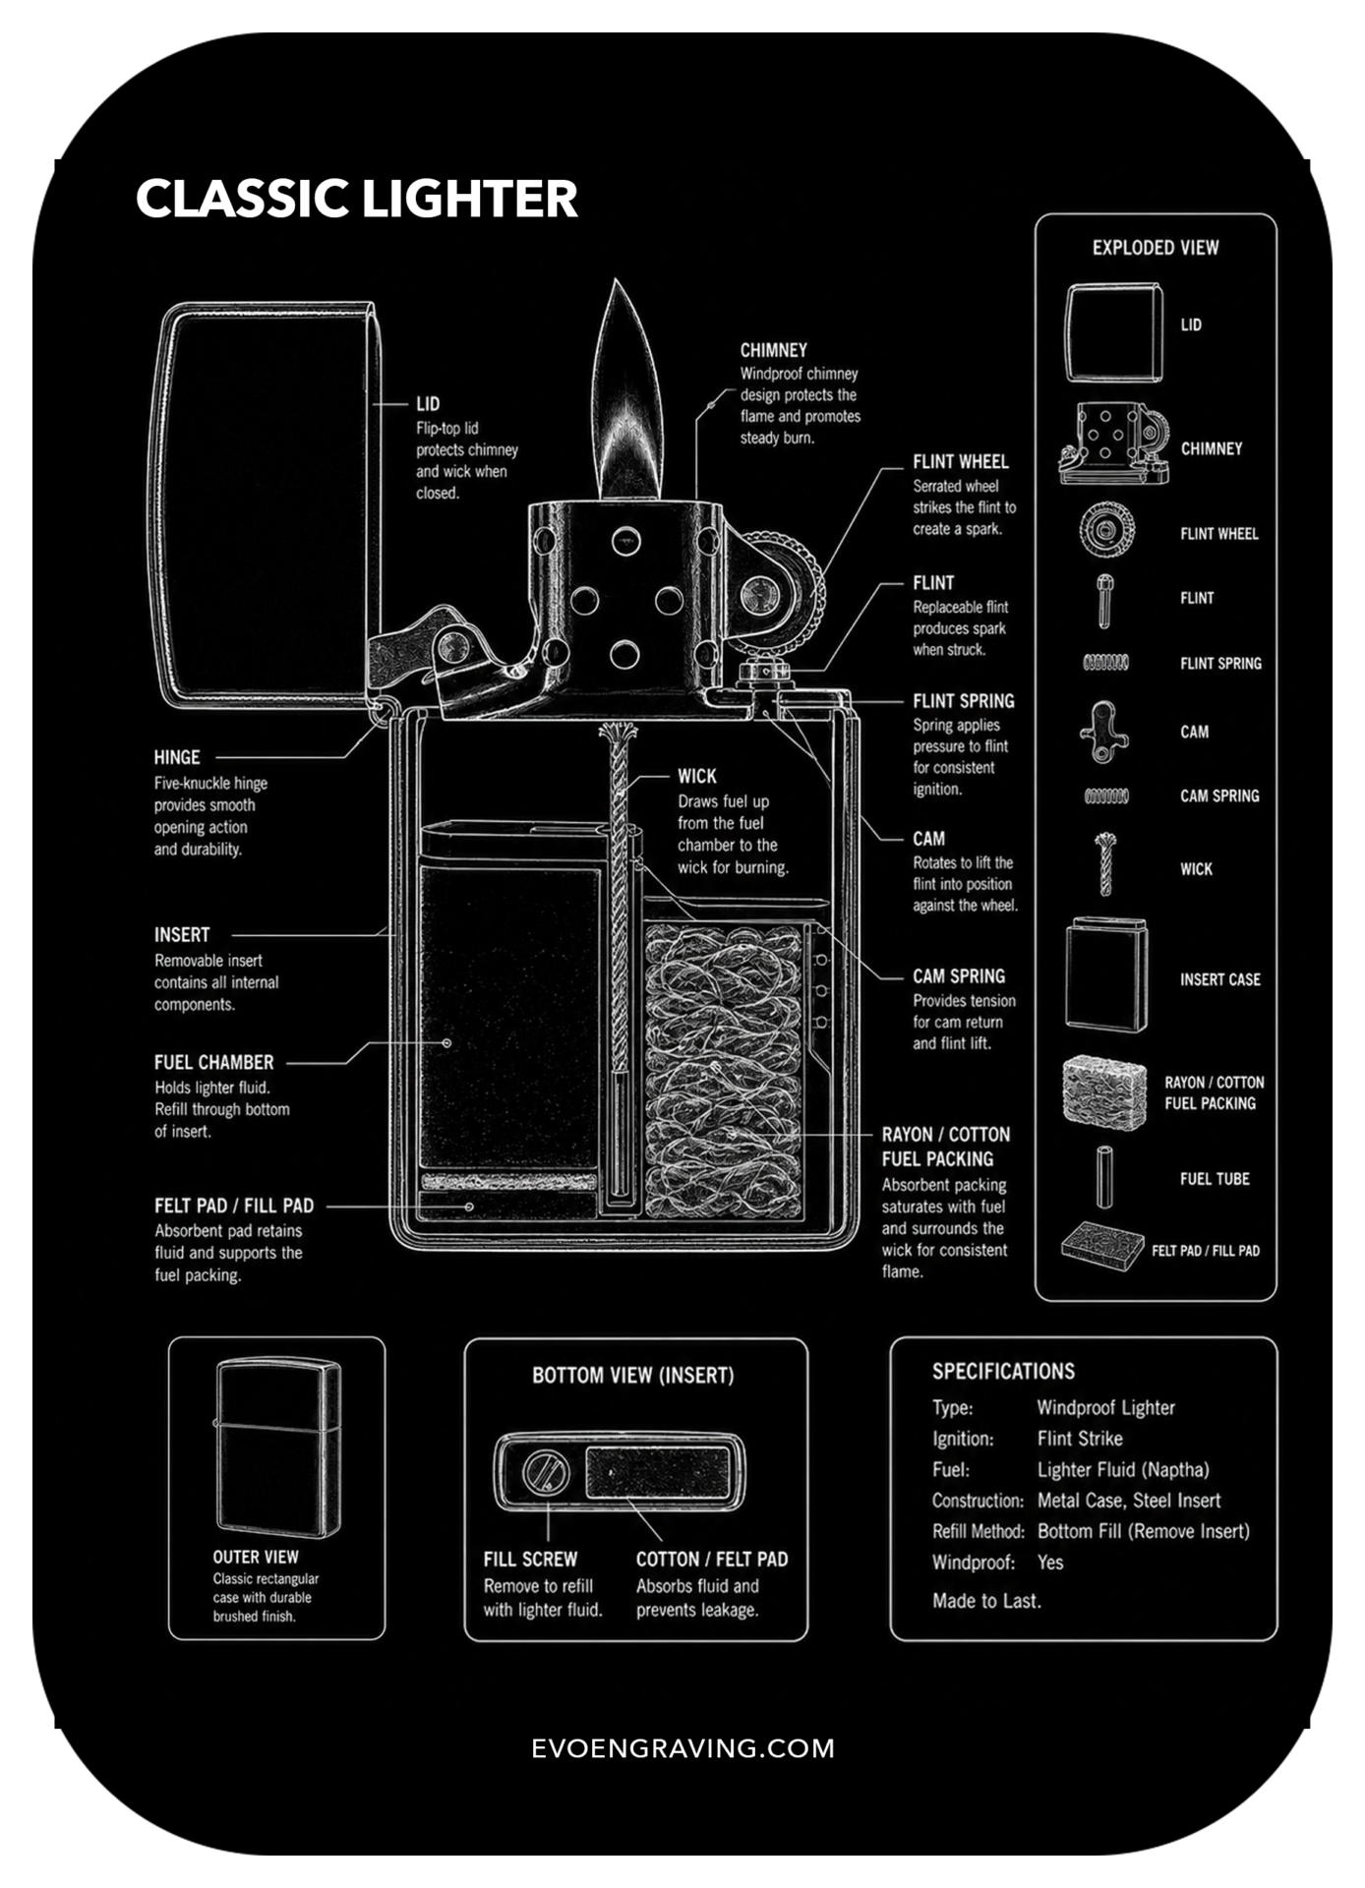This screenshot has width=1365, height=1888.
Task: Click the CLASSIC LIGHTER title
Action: pos(356,199)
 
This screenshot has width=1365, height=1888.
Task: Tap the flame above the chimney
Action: pos(630,393)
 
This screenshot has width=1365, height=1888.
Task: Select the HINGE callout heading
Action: pos(177,757)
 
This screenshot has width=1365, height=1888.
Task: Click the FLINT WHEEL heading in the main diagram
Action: pos(961,461)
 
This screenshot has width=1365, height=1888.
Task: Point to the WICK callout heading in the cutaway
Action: pos(697,776)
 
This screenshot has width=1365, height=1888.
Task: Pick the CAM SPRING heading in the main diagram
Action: pos(959,976)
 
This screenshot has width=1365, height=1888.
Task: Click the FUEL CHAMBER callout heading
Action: pos(214,1062)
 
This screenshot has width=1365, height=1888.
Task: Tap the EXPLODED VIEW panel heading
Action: pos(1156,248)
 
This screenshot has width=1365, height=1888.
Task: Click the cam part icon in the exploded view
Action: pos(1103,733)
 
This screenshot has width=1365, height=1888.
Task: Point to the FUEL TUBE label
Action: pos(1215,1179)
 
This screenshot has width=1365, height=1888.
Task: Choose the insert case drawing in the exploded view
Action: pos(1106,974)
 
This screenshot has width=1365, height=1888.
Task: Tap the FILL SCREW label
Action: pos(530,1560)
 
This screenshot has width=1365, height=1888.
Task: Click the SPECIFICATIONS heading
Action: pos(1003,1372)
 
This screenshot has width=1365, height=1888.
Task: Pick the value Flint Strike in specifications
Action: pos(1080,1439)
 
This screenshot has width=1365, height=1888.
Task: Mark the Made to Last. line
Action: pos(986,1601)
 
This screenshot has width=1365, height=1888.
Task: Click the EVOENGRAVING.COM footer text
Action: pos(682,1748)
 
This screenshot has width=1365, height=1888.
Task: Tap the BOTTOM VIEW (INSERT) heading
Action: pos(633,1376)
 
